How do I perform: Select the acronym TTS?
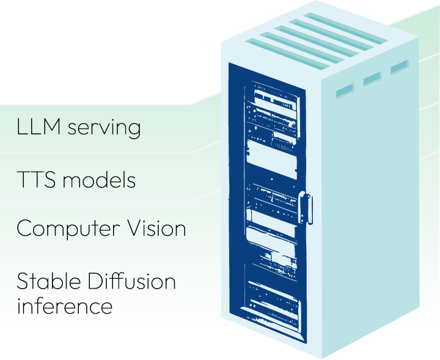click(x=37, y=180)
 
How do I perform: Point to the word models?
click(x=100, y=180)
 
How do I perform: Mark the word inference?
click(x=64, y=305)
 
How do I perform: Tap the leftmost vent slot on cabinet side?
click(x=345, y=91)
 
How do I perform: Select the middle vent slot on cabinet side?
click(x=372, y=79)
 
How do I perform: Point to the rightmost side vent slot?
click(x=398, y=66)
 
